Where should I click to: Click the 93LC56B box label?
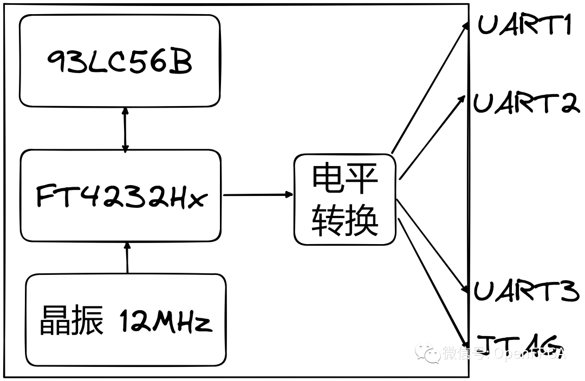120,62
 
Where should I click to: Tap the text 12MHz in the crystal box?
165,321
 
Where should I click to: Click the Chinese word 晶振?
71,321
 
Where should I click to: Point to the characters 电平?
344,179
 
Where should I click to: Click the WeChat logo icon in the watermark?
427,354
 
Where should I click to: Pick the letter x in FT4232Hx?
199,198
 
